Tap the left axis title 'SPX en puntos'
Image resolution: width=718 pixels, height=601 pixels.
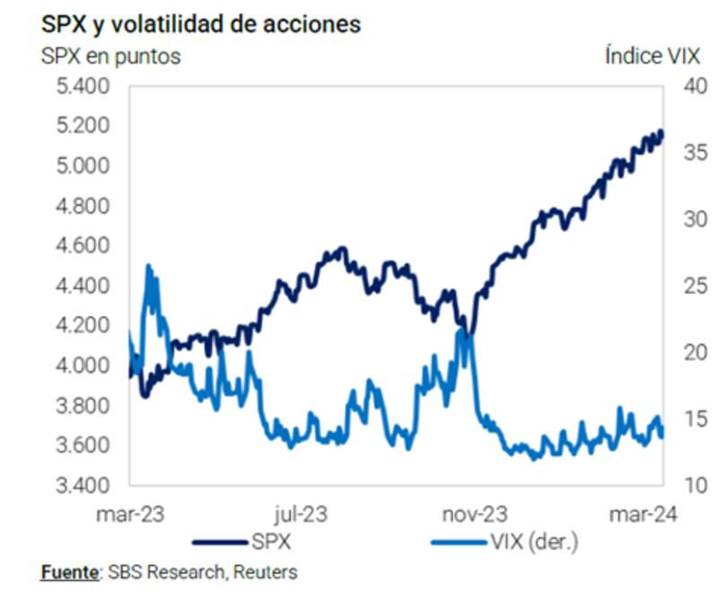point(110,57)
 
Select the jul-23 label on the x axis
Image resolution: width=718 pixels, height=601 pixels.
point(301,515)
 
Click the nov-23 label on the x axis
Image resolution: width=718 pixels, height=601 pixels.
point(477,515)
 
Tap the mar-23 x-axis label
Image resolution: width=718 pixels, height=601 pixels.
point(131,515)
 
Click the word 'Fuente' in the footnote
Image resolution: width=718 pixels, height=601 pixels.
point(69,571)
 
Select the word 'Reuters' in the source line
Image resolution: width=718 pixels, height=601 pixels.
point(267,571)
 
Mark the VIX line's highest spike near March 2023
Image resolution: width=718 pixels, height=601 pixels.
point(148,267)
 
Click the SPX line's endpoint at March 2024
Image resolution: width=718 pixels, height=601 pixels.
point(662,132)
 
